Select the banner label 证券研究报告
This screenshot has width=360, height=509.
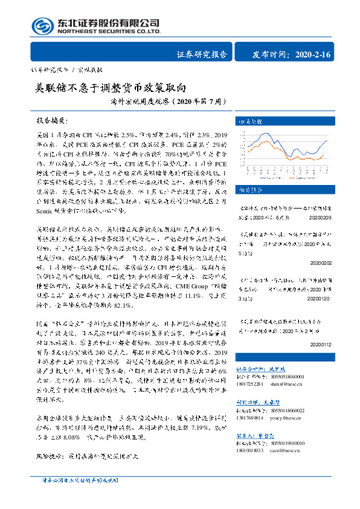click(x=202, y=54)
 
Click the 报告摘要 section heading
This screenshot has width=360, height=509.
click(x=53, y=120)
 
